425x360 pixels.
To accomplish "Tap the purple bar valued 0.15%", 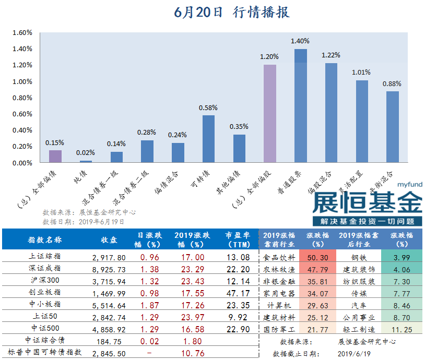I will (x=55, y=157).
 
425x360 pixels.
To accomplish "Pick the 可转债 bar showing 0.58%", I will (x=208, y=139).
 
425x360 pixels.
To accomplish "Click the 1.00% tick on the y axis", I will (x=22, y=82).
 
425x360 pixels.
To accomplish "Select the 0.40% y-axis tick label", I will (x=22, y=130).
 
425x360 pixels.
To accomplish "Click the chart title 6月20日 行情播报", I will (x=232, y=12).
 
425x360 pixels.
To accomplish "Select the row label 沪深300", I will (x=44, y=281).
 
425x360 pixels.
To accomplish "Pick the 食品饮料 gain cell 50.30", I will (x=318, y=257).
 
